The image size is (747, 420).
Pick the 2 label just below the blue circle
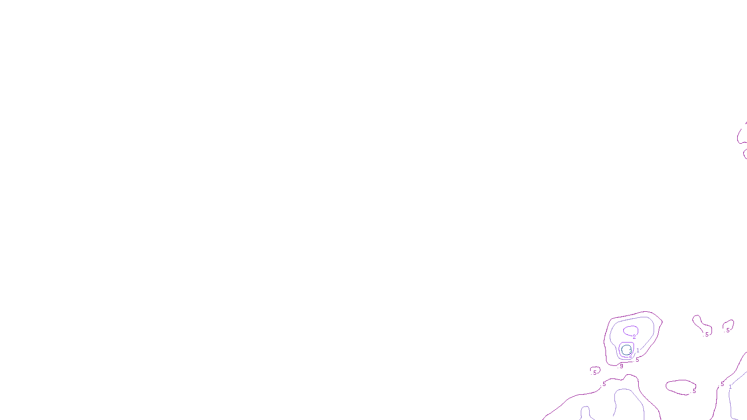click(630, 356)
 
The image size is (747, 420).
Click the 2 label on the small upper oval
click(634, 336)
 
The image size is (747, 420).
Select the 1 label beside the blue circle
click(638, 350)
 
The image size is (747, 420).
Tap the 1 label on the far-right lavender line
click(730, 387)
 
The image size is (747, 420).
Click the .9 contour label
click(621, 366)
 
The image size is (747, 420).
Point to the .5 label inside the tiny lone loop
click(594, 373)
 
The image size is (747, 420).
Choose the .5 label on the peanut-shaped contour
click(706, 335)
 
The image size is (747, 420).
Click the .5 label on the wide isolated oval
click(694, 391)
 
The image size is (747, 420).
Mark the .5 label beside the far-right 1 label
click(722, 385)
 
